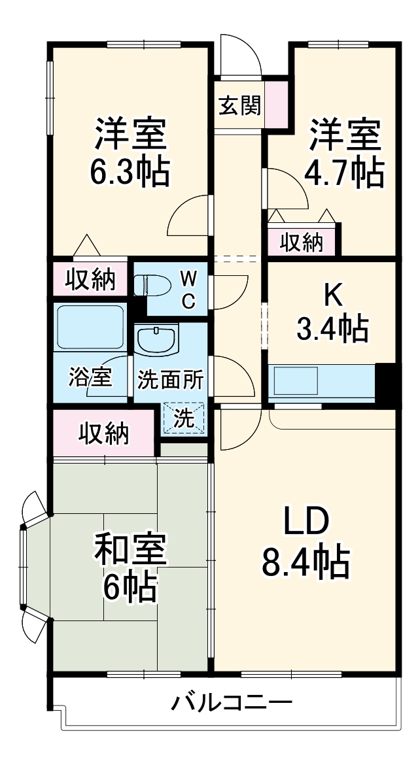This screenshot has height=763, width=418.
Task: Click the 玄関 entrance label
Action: pos(239,105)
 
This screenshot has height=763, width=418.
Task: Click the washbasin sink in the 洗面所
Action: pos(156,340)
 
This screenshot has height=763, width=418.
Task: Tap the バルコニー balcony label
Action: pos(232,704)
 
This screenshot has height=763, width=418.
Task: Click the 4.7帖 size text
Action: pos(344,171)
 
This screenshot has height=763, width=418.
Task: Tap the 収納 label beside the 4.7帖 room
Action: pos(302,243)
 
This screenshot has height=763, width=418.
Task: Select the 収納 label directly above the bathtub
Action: pos(91,279)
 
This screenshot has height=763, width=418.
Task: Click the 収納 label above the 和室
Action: pos(104,432)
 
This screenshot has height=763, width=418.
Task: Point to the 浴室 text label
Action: pos(90,378)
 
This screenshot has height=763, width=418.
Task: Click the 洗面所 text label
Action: pos(170,380)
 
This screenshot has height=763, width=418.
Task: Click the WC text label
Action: pos(188,290)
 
